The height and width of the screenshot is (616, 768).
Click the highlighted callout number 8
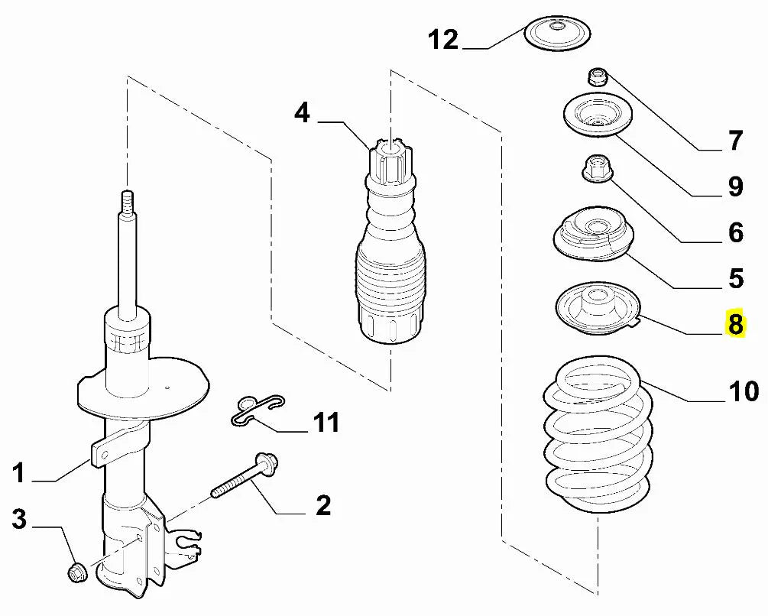735,324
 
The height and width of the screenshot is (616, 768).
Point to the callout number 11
326,422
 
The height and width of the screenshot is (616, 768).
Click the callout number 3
19,520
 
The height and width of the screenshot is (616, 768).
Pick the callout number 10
743,391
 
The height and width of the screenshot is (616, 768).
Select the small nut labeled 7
597,76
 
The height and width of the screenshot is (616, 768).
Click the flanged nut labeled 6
594,168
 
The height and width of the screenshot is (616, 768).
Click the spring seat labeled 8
596,310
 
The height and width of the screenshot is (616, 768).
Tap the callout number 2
322,505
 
